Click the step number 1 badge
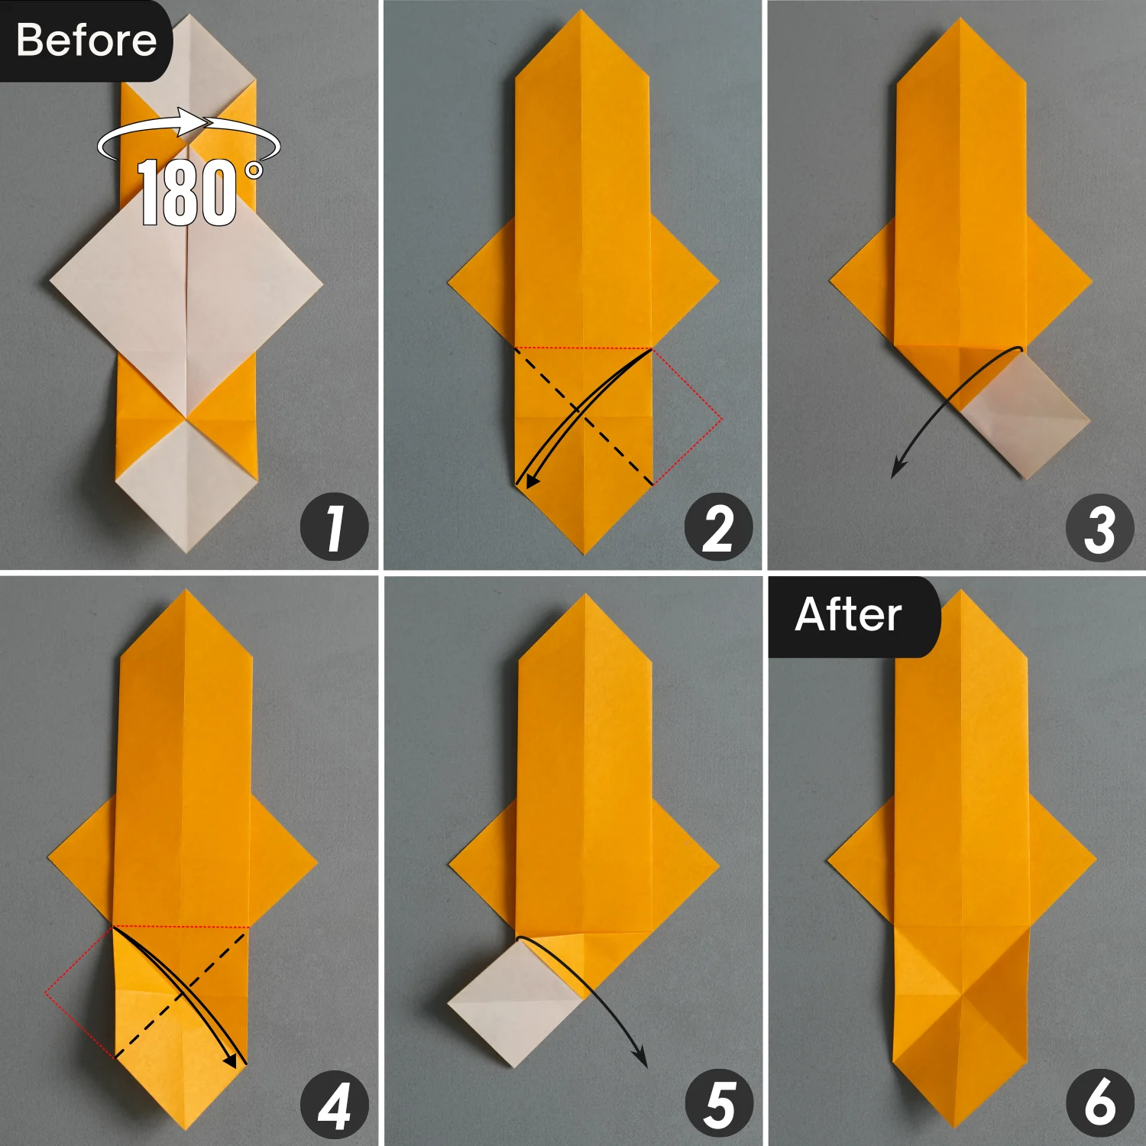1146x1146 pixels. tap(335, 528)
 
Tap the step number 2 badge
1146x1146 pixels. tap(718, 528)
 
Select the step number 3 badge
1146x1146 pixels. tap(1100, 528)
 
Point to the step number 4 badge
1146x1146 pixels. tap(335, 1106)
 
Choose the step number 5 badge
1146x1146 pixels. tap(718, 1106)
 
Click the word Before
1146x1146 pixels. tap(86, 40)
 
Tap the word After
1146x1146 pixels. tap(848, 614)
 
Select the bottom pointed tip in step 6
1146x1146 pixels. tap(958, 1123)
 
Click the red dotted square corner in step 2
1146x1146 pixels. tap(720, 419)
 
